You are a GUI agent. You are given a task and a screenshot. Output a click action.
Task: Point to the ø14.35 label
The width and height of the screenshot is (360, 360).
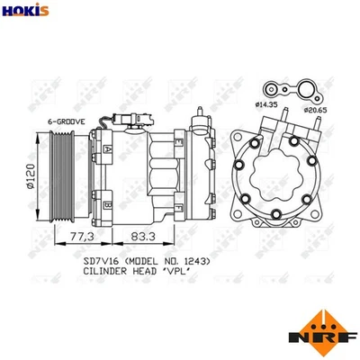[x=267, y=107]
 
